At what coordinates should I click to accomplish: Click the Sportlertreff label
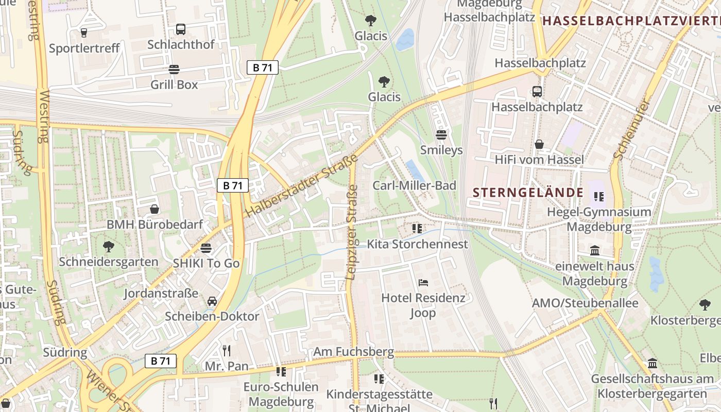click(84, 48)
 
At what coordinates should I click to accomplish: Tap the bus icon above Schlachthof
click(180, 29)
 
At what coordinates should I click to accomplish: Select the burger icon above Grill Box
click(174, 70)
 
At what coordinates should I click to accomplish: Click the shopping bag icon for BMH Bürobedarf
click(154, 209)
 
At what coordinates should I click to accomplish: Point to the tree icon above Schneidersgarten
click(108, 246)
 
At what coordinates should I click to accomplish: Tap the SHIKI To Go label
click(206, 263)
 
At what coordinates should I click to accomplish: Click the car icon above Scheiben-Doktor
click(212, 301)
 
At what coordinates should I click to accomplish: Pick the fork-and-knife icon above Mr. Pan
click(227, 351)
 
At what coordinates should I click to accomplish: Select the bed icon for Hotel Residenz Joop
click(423, 282)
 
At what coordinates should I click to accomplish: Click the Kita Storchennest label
click(417, 244)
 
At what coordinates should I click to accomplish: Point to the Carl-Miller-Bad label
click(414, 185)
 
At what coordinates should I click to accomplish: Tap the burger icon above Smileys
click(441, 135)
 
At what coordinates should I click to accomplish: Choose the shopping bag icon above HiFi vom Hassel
click(539, 144)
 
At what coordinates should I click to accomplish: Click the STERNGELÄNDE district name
click(528, 193)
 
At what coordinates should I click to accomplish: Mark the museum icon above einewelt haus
click(595, 250)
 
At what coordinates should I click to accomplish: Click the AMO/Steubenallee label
click(585, 303)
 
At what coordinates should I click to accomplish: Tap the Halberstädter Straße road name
click(301, 188)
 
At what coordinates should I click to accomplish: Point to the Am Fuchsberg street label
click(354, 352)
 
